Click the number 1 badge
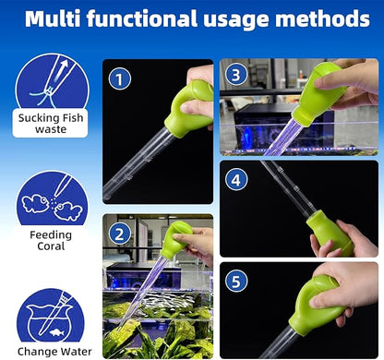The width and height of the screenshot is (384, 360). (x=120, y=80)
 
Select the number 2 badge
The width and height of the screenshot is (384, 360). (x=120, y=234)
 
